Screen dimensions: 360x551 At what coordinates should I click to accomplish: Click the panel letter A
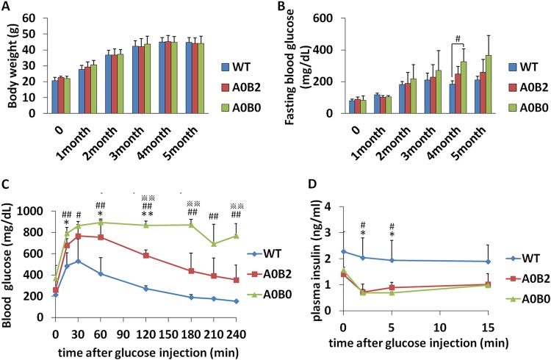pyautogui.click(x=7, y=7)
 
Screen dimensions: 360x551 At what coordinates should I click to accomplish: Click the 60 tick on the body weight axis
pyautogui.click(x=37, y=14)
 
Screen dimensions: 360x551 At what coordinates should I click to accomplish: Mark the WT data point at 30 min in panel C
pyautogui.click(x=78, y=261)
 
